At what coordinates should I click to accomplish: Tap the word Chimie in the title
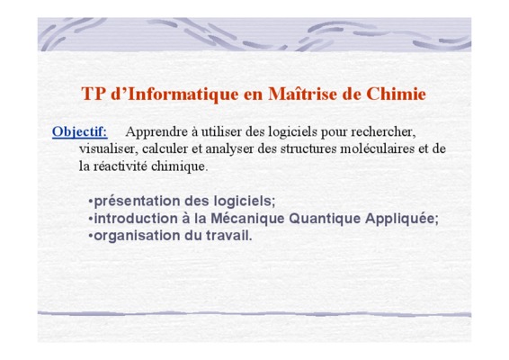click(396, 94)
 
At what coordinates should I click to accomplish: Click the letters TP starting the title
click(94, 94)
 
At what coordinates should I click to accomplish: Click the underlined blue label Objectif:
click(80, 132)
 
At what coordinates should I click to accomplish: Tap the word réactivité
click(121, 166)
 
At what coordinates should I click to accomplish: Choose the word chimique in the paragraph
click(178, 167)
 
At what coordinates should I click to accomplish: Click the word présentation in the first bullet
click(137, 202)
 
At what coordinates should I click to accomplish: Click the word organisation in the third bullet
click(137, 236)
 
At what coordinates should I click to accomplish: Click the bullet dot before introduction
click(91, 219)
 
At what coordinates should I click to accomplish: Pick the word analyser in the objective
click(229, 149)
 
